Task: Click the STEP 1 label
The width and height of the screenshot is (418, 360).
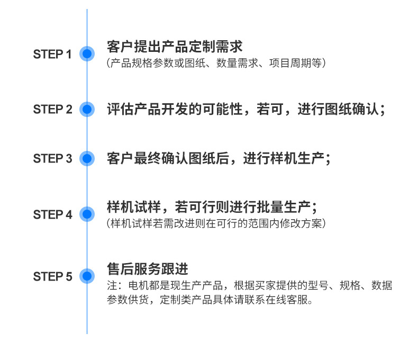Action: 52,54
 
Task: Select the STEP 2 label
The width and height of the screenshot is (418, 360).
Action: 52,110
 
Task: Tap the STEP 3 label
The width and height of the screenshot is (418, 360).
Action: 52,158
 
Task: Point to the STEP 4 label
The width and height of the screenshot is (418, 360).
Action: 52,214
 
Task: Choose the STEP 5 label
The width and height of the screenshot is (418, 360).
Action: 52,276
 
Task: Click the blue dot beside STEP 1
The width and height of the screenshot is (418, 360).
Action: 87,53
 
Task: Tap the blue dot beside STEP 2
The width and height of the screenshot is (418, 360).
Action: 87,110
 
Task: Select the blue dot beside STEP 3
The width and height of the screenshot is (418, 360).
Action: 87,158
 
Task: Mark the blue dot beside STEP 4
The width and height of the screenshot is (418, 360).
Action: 87,214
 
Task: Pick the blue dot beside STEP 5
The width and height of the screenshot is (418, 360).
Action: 87,276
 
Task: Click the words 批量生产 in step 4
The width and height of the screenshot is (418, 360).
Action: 284,206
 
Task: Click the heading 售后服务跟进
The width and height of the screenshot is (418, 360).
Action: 148,269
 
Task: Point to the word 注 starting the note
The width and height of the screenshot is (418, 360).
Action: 111,286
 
